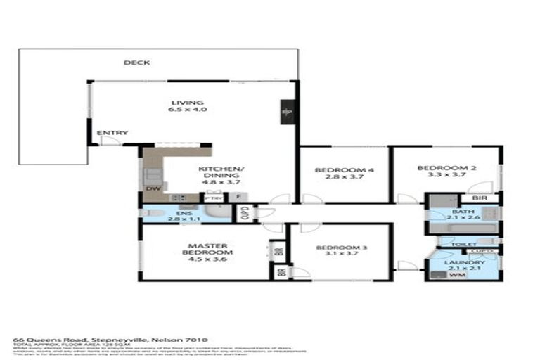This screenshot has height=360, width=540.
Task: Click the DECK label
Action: [x=136, y=63]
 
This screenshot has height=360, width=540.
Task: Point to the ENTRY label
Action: [x=112, y=133]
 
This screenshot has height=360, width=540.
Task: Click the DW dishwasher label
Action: [x=150, y=188]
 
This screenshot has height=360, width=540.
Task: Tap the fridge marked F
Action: [x=239, y=198]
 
